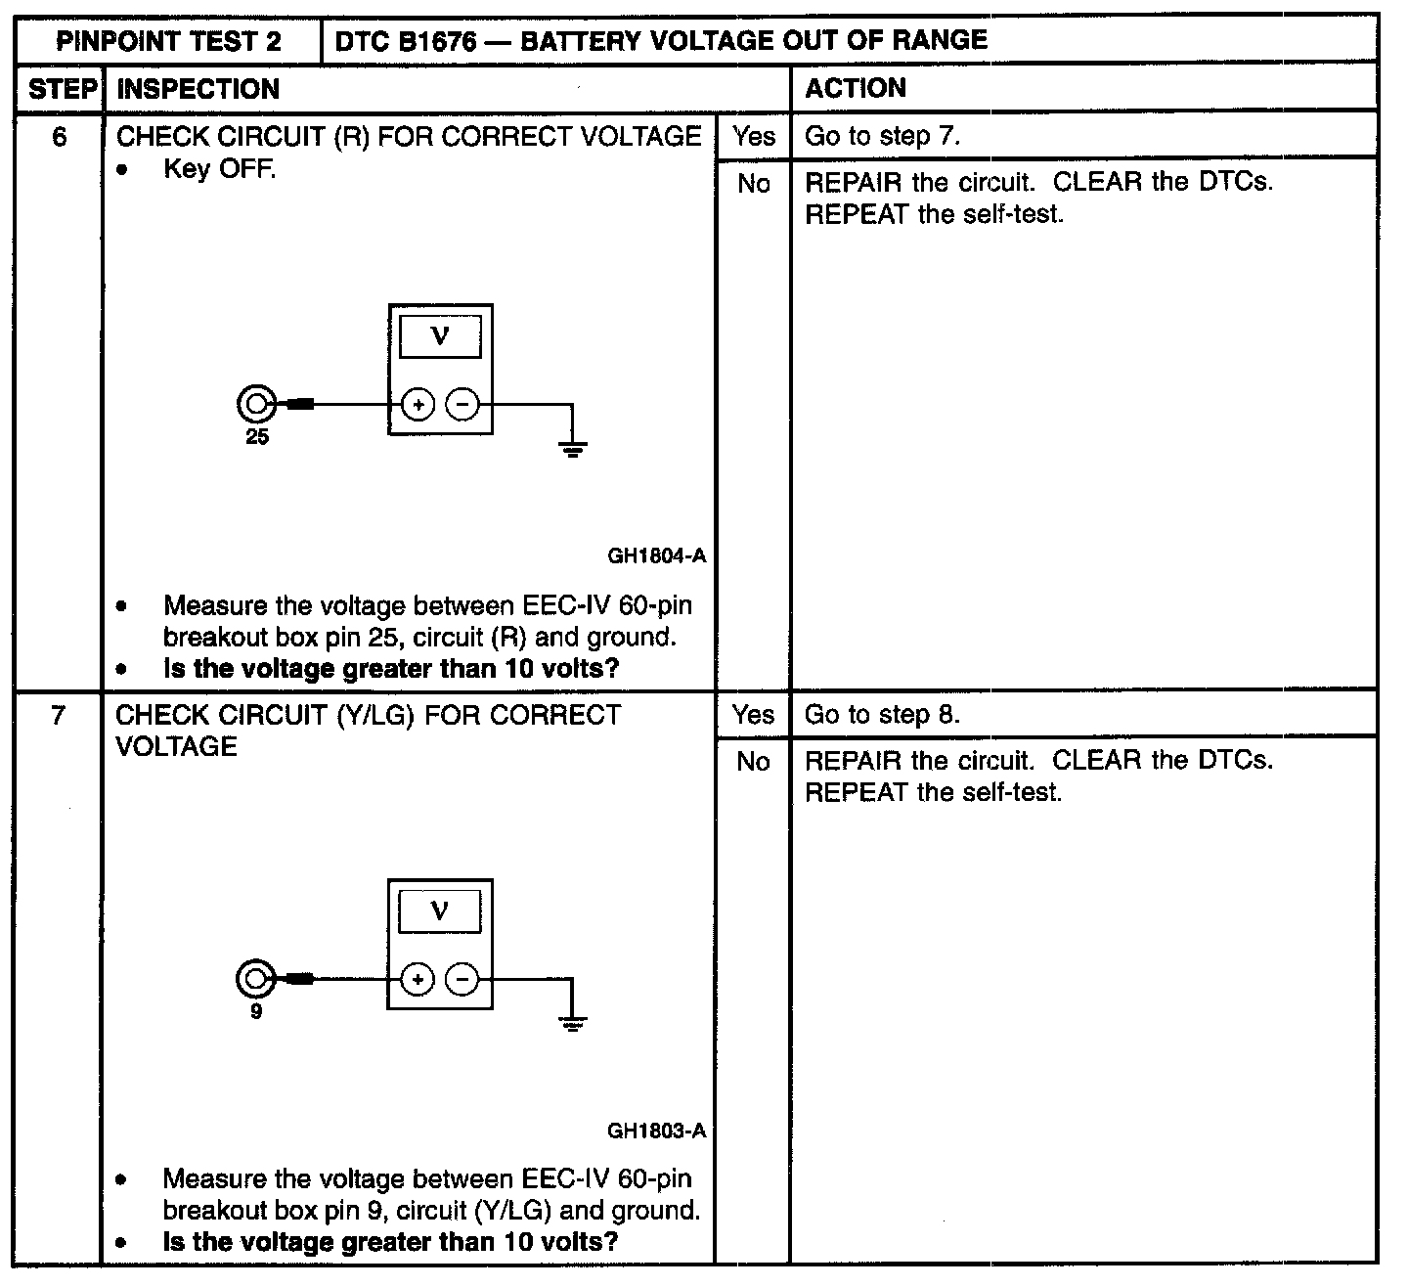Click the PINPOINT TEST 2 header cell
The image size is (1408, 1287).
tap(168, 41)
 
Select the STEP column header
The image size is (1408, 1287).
tap(60, 89)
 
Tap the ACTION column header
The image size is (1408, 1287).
tap(856, 88)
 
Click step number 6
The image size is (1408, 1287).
tap(60, 137)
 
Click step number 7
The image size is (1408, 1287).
tap(59, 716)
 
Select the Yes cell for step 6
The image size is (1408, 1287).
tap(753, 137)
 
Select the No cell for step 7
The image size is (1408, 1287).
tap(753, 762)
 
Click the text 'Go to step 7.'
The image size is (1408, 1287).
tap(882, 137)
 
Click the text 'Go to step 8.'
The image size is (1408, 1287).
tap(882, 715)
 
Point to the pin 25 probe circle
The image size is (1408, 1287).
tap(255, 403)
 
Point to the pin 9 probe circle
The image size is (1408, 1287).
tap(254, 978)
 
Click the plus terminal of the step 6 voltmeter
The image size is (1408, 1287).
tap(418, 404)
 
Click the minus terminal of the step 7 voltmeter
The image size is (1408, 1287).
tap(463, 979)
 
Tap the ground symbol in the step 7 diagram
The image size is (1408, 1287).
tap(573, 1023)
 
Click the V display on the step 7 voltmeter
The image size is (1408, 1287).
tap(440, 911)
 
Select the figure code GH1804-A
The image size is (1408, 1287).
tap(656, 556)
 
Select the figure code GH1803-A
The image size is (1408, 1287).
tap(656, 1132)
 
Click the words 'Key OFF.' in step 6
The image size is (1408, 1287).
tap(220, 169)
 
